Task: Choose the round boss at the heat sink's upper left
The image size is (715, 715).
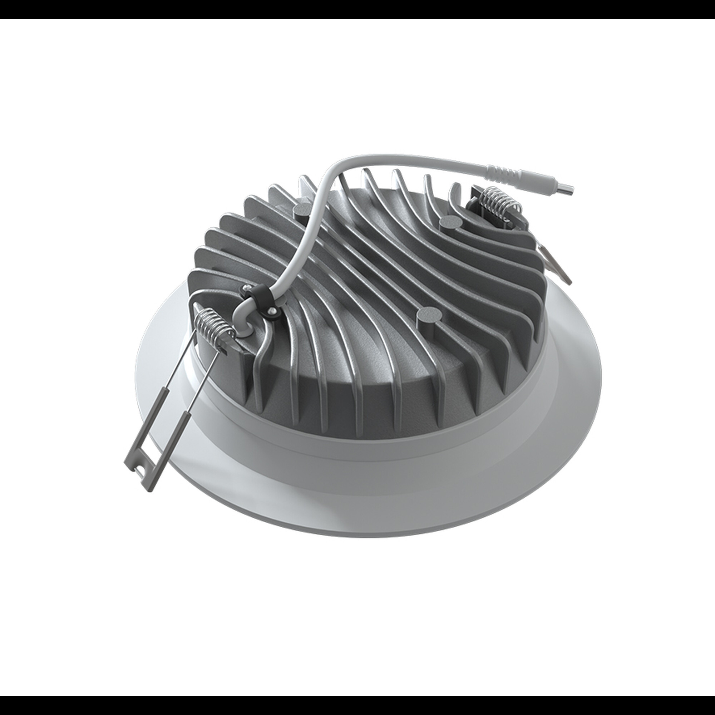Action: [302, 211]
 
